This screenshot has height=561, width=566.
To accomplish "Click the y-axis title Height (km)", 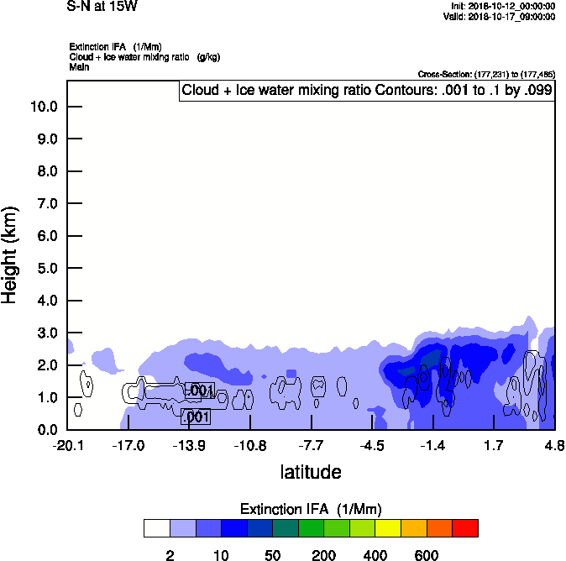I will pos(11,254).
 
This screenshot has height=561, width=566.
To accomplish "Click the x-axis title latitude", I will pos(311,472).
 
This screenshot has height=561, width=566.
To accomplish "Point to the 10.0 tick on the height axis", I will pos(43,107).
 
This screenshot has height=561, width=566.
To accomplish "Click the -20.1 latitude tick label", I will pos(67,445).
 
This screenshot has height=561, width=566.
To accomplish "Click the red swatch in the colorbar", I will pos(465,527).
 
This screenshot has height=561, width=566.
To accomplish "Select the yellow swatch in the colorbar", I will pos(388,527).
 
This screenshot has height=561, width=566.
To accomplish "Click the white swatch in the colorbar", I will pos(156,527).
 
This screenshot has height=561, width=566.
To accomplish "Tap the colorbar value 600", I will pos(427,555).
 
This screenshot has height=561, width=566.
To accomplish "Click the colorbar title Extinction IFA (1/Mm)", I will pos(311,509).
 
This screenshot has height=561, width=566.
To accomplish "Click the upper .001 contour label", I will pos(200,391).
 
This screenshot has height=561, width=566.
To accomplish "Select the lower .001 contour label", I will pos(196,417).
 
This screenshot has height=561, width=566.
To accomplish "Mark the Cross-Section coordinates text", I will pos(486,75).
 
